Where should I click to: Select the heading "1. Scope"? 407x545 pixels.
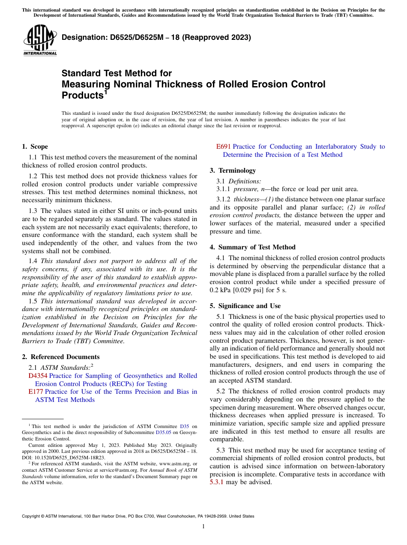(35, 147)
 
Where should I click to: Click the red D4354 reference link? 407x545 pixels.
(38, 376)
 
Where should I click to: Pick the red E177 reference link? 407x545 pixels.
(36, 392)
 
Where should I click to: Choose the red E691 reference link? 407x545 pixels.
(224, 147)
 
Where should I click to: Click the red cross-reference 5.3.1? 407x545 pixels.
(217, 482)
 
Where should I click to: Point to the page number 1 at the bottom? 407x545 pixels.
(203, 526)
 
